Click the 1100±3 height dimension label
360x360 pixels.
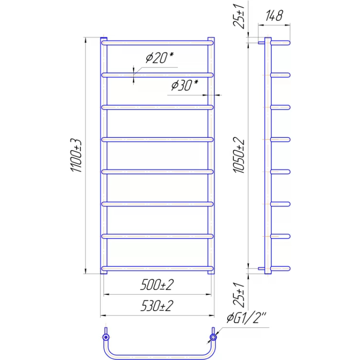(x=76, y=155)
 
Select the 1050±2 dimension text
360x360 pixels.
(x=239, y=155)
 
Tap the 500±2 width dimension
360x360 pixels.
(x=157, y=285)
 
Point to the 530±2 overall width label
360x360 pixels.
(x=157, y=306)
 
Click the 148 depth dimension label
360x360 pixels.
(x=274, y=16)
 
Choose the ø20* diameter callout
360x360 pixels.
(x=160, y=58)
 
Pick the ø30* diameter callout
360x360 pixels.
(x=185, y=85)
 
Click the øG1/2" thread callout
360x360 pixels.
(x=246, y=318)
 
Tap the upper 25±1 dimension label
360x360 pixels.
(x=239, y=16)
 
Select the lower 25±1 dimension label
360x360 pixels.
(x=239, y=295)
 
